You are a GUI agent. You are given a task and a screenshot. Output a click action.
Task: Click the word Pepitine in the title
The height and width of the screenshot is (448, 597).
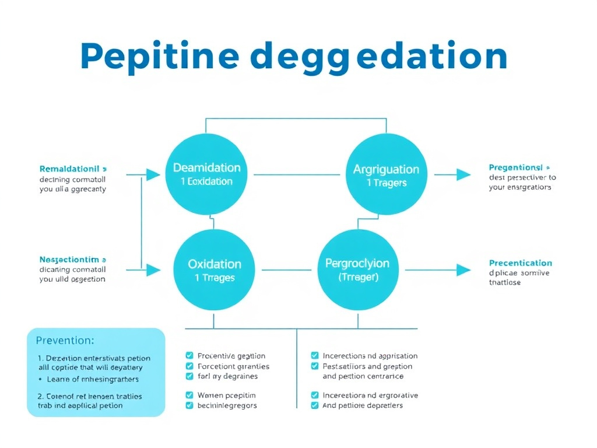[x=159, y=57]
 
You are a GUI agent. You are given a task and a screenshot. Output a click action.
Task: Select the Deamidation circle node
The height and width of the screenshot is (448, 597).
[x=206, y=174]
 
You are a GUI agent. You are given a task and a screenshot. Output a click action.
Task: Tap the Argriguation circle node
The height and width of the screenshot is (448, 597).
[x=386, y=175]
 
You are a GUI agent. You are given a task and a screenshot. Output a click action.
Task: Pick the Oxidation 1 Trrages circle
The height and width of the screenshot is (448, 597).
[x=214, y=270]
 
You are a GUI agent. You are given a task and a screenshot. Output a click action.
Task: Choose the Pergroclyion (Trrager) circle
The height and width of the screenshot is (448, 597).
[x=357, y=270]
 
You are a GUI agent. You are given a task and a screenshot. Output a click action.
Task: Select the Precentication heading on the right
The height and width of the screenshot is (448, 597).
[x=520, y=263]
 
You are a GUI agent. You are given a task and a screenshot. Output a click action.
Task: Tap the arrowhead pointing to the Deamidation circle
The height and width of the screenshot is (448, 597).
[x=153, y=174]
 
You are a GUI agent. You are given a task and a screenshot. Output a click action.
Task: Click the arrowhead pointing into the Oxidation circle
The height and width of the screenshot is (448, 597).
[x=153, y=269]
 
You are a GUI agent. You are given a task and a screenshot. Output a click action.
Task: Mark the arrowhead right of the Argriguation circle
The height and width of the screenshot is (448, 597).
[x=463, y=174]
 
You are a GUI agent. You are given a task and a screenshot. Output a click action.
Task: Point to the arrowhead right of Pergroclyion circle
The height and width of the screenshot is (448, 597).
[x=463, y=269]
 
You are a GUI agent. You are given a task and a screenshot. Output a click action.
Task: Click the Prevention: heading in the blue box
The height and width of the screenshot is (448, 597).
[x=65, y=340]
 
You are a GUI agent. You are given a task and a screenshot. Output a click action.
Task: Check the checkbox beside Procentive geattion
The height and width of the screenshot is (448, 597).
[x=189, y=355]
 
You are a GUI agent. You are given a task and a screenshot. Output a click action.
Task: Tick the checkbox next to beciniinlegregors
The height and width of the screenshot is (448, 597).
[x=189, y=405]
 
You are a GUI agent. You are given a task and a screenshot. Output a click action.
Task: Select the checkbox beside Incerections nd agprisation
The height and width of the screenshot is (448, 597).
[x=315, y=355]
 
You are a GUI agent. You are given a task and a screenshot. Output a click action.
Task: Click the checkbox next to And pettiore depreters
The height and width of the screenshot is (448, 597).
[x=315, y=405]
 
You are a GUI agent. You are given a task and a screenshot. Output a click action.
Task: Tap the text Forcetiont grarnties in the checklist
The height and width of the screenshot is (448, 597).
[x=233, y=366]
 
